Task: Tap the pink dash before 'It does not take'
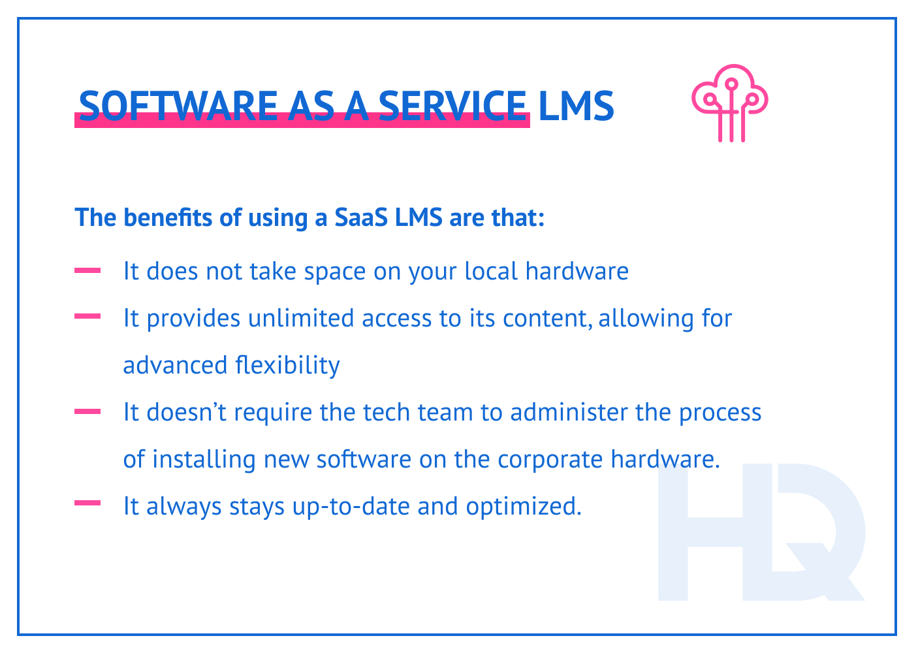tap(87, 270)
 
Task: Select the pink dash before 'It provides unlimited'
tap(87, 317)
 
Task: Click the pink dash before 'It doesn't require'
tap(87, 411)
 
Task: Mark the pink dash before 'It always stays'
tap(87, 503)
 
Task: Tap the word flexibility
tap(287, 365)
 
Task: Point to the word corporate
tap(550, 460)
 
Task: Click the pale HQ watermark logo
tap(761, 532)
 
